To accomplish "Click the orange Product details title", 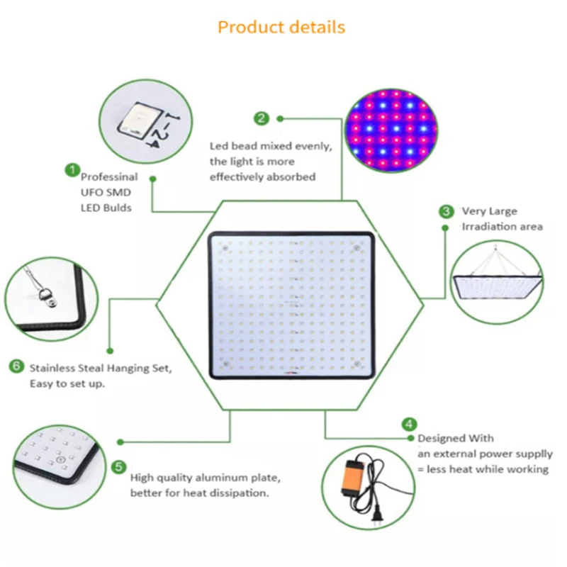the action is click(281, 28).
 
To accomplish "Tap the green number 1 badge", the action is click(72, 170).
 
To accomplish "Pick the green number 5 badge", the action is click(119, 467).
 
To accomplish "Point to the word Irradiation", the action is click(485, 226).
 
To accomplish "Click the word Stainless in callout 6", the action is click(51, 369).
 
